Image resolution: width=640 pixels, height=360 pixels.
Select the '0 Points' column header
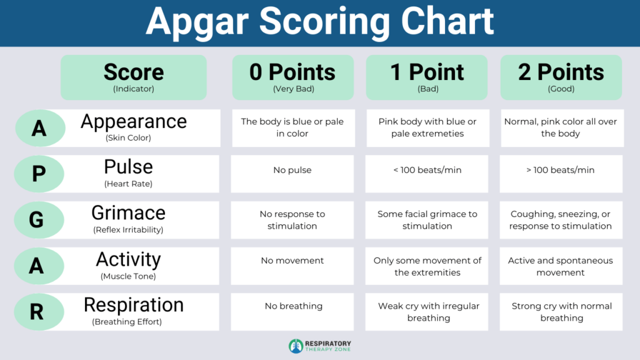292,77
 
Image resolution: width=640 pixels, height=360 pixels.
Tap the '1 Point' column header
427,77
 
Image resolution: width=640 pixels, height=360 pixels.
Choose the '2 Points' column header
561,77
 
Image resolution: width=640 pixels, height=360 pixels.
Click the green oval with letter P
39,174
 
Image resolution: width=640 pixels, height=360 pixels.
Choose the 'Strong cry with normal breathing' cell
561,312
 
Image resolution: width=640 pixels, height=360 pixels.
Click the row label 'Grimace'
128,213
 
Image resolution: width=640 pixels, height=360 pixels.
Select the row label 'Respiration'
134,305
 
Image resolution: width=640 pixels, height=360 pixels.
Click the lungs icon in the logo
296,346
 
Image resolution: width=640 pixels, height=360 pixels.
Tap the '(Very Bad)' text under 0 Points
292,89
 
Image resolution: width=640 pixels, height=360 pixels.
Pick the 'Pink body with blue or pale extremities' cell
427,127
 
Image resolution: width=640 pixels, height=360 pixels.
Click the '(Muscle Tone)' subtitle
128,276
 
